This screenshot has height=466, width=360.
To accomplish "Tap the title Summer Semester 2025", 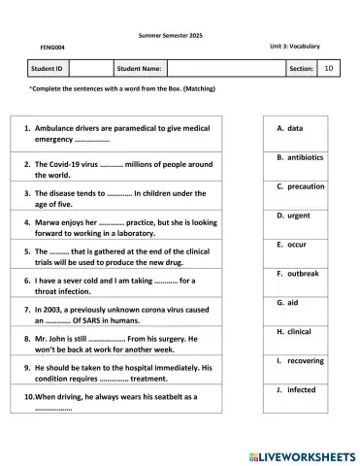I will point(180,35).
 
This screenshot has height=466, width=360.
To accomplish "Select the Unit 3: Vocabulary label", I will point(295,46).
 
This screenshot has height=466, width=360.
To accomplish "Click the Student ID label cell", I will point(49,69).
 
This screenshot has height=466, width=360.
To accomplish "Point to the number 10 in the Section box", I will point(328,69).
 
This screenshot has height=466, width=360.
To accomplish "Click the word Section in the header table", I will point(301,69).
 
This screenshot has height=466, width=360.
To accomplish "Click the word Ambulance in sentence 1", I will point(56,128).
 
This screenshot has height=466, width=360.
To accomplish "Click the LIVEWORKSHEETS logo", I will point(302,454).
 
